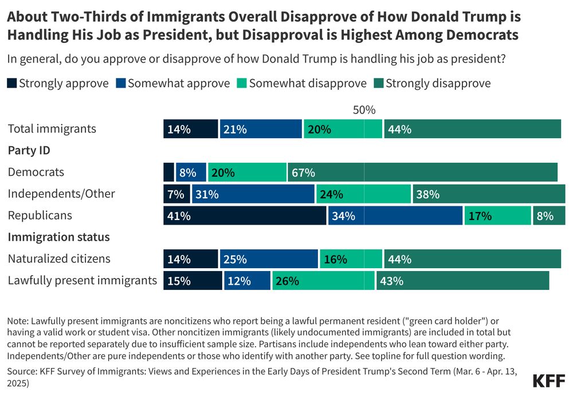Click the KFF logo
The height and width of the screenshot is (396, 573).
548,381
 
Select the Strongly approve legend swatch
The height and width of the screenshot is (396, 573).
12,84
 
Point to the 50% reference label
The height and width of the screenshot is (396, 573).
364,110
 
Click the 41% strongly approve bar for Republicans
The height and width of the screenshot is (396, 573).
245,215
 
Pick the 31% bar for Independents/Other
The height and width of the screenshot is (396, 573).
253,194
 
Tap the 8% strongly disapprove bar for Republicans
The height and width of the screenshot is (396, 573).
549,215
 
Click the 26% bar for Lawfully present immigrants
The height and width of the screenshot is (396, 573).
323,281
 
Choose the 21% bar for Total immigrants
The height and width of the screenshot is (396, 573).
261,129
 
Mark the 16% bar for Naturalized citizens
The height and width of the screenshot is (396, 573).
351,259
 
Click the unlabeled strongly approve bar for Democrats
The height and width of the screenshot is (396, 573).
168,172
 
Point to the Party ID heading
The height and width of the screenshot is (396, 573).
28,150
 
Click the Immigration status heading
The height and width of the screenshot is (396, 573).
58,237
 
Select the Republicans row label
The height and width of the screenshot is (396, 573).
40,215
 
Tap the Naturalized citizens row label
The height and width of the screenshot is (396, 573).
59,258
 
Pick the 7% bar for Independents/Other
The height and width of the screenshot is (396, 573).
176,194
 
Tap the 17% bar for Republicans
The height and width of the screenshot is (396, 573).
497,215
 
